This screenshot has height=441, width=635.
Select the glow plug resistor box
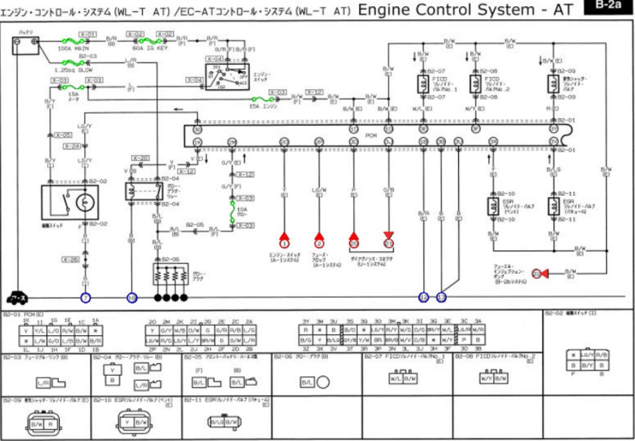pyautogui.click(x=171, y=273)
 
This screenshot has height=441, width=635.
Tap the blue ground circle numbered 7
pyautogui.click(x=86, y=298)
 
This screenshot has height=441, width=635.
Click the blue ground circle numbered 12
pyautogui.click(x=424, y=298)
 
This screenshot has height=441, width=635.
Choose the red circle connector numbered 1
pyautogui.click(x=284, y=243)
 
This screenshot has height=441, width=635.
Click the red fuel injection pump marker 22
pyautogui.click(x=537, y=273)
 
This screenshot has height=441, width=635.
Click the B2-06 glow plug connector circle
pyautogui.click(x=323, y=382)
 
